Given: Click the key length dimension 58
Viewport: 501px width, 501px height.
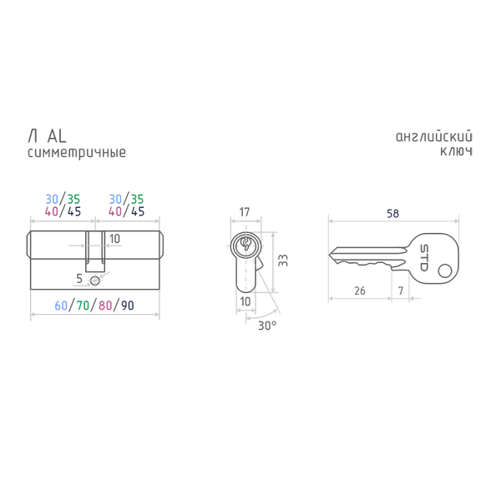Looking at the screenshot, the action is [x=392, y=214].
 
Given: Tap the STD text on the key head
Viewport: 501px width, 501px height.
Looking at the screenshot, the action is [x=423, y=258].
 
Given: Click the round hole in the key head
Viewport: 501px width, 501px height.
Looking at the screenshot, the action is [x=445, y=271].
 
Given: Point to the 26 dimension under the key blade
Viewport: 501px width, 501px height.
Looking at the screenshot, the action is [x=360, y=291].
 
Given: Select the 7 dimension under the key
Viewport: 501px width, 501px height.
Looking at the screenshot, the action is [x=401, y=291].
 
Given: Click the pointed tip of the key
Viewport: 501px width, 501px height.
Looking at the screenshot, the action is [x=329, y=255].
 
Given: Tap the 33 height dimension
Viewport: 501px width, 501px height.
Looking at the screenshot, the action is [x=283, y=260].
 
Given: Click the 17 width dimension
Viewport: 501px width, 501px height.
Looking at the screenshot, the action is [x=245, y=212].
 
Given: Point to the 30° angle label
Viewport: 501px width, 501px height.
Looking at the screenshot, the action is [x=267, y=326].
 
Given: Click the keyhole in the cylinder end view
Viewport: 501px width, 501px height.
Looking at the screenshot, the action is [x=246, y=244].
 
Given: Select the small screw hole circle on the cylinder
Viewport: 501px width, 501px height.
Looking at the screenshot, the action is [x=95, y=281].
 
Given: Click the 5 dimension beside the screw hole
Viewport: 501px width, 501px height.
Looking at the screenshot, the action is [x=79, y=279].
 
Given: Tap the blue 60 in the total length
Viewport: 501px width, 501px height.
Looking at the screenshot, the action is [x=61, y=306].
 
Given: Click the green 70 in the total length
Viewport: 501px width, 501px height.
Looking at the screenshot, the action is [x=83, y=306].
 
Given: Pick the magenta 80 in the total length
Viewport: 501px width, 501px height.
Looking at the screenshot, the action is [x=105, y=306].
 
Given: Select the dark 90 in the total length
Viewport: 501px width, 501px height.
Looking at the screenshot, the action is [x=128, y=306].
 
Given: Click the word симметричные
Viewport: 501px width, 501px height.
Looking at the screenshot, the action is [x=77, y=153].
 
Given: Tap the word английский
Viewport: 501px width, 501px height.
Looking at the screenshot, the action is [x=434, y=137].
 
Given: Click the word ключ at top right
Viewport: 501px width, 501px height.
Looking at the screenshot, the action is [x=456, y=151].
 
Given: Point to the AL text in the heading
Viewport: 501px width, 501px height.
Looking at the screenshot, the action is [x=57, y=136].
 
